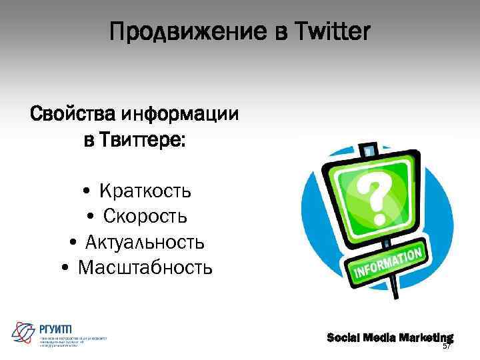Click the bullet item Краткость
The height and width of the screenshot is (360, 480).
tap(145, 191)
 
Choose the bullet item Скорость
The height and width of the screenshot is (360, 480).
tap(145, 217)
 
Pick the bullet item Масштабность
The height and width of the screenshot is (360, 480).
tap(145, 268)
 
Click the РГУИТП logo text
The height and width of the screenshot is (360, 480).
tap(56, 328)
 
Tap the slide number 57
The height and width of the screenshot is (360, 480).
tap(447, 346)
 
